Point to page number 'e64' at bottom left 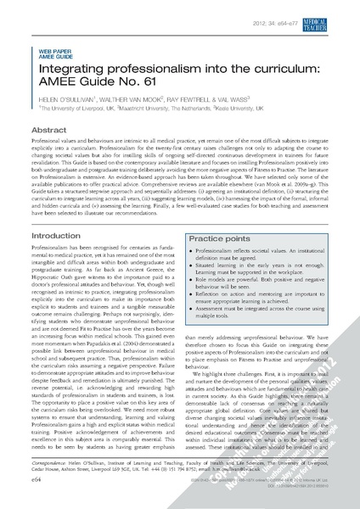[x=39, y=479]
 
